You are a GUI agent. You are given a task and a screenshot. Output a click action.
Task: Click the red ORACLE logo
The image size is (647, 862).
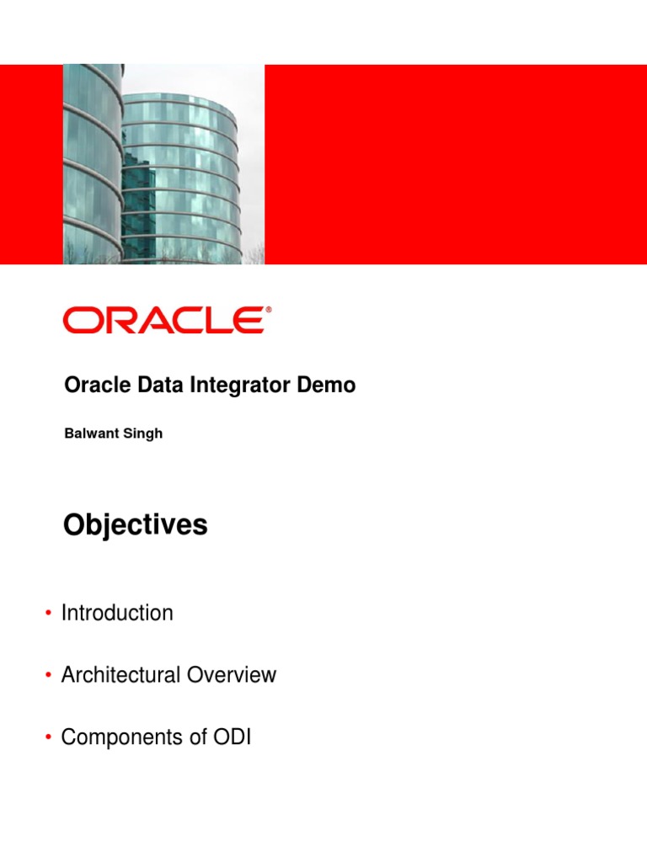tap(165, 321)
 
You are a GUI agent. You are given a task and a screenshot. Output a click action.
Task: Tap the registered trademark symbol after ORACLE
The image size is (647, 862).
tap(269, 311)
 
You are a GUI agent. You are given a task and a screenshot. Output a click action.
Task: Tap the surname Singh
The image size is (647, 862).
tap(144, 434)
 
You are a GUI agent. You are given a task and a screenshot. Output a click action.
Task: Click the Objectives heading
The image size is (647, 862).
tap(135, 525)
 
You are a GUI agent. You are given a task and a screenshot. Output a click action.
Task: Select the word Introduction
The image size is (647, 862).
tap(117, 613)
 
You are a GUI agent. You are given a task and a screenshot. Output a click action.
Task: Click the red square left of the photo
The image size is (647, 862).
tap(31, 164)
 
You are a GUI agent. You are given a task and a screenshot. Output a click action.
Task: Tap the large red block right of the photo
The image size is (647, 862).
tap(455, 164)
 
